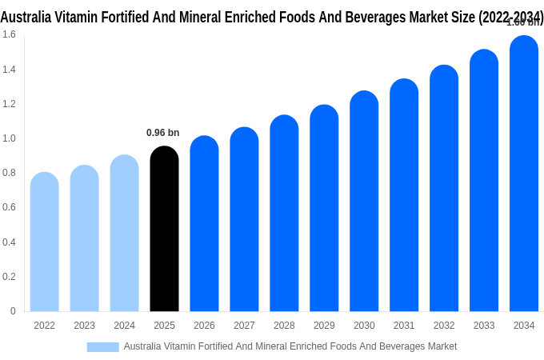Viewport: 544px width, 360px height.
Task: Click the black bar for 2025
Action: pos(164,232)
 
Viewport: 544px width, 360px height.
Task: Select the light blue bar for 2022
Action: pos(45,244)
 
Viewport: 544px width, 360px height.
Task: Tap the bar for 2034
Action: pos(524,176)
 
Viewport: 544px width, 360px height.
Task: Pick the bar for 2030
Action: pos(364,204)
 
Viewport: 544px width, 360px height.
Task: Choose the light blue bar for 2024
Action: pos(124,236)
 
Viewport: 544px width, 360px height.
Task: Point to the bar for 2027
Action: pos(244,220)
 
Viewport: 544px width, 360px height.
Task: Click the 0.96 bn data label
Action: pos(162,133)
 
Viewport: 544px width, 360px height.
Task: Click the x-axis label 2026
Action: pos(204,326)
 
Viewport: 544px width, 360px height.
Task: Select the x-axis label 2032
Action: pos(444,326)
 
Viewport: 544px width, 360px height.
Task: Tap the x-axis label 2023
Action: pos(84,326)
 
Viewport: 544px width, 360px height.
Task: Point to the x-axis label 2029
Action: pos(324,326)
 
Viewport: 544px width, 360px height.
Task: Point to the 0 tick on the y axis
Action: pos(12,311)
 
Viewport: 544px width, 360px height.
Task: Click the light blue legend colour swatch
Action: pos(102,347)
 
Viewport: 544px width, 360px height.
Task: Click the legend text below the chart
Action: pos(290,346)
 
